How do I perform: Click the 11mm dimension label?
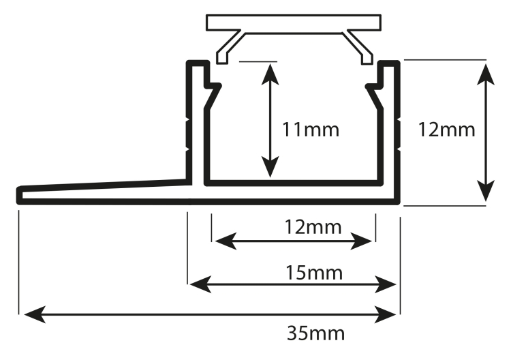pos(310,130)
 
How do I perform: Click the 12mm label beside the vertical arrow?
pos(446,130)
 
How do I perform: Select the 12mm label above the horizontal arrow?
pos(313,227)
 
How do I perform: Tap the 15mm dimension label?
pos(314,273)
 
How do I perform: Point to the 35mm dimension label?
pos(315,333)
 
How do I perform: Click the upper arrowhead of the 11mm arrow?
pos(270,74)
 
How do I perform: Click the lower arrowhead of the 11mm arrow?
pos(270,167)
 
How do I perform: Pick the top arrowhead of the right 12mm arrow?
pos(486,74)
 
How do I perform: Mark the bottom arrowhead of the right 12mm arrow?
pos(486,191)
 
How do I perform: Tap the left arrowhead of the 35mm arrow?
pos(35,315)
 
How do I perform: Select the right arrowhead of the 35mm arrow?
pos(385,315)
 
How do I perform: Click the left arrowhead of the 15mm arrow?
pos(200,284)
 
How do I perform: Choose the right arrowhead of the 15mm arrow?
pos(385,284)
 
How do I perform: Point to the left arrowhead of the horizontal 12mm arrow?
pos(226,241)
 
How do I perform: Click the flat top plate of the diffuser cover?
pos(294,22)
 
